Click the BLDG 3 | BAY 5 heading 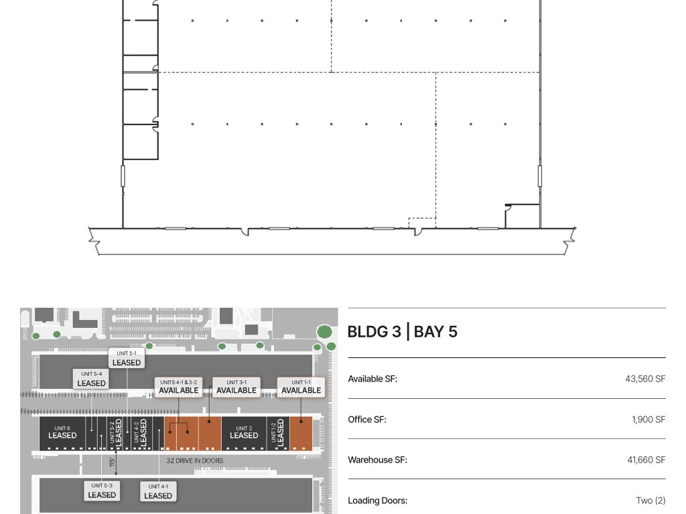click(402, 332)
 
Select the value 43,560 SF click(645, 379)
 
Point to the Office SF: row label click(367, 420)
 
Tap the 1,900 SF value click(648, 420)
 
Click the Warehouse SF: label click(377, 460)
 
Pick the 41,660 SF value click(646, 460)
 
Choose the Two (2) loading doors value click(650, 501)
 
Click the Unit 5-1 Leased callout click(127, 359)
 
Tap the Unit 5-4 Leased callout click(91, 379)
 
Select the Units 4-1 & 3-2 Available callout click(178, 388)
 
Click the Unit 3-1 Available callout click(236, 388)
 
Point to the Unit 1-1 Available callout click(301, 388)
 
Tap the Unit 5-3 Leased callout click(102, 491)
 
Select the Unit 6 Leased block click(62, 433)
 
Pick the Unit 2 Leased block click(244, 433)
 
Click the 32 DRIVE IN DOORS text click(195, 460)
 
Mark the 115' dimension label click(112, 462)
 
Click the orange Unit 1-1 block click(301, 433)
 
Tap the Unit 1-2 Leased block click(278, 433)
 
